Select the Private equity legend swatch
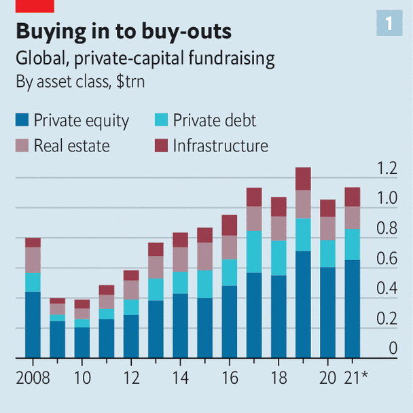tap(22, 121)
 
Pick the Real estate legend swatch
tap(22, 145)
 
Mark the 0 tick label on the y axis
tap(393, 348)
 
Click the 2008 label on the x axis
tap(33, 376)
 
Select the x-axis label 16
tap(229, 376)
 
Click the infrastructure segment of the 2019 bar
tap(303, 179)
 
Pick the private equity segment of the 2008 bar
tap(33, 325)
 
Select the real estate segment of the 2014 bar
tap(180, 259)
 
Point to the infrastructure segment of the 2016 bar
tap(229, 225)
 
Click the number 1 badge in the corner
tap(389, 23)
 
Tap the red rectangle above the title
tap(34, 5)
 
